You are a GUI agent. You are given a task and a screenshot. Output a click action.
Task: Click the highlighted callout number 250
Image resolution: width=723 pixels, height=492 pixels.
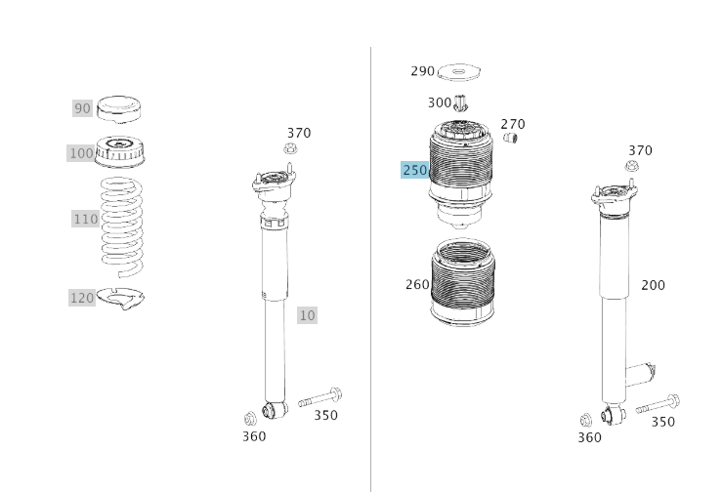click(414, 171)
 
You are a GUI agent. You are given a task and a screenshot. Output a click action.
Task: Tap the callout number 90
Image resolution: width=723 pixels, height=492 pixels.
click(82, 108)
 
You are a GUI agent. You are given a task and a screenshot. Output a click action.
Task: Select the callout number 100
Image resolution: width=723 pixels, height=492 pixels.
click(81, 153)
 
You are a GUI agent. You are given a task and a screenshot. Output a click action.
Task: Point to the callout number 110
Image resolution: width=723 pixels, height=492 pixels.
click(85, 219)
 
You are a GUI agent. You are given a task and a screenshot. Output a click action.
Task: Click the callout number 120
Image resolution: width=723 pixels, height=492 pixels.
click(82, 298)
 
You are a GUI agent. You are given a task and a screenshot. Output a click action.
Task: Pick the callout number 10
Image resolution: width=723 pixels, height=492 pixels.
click(307, 315)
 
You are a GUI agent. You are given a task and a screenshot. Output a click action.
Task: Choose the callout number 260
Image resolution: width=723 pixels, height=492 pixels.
click(417, 285)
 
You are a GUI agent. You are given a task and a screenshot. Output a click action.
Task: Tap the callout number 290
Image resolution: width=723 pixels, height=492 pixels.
click(422, 71)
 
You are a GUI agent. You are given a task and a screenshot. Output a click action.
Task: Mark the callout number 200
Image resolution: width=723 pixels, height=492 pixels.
click(653, 285)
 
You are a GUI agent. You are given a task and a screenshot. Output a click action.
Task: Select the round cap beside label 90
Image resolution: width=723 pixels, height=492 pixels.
click(118, 108)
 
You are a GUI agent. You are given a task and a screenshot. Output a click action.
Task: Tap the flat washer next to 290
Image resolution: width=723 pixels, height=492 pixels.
click(458, 71)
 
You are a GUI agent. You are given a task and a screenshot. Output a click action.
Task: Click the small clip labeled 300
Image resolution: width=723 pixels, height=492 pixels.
click(461, 102)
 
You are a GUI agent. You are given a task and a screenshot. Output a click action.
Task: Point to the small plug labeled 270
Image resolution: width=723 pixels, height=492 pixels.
click(510, 138)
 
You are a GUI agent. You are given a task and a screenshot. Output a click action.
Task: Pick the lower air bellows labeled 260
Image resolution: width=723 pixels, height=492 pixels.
click(462, 283)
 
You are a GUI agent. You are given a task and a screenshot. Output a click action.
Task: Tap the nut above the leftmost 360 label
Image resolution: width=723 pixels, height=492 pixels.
click(250, 419)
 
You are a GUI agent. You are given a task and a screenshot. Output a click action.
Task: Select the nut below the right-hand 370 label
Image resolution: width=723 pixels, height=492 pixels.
click(631, 166)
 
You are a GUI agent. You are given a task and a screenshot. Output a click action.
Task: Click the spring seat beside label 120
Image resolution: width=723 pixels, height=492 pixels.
click(121, 298)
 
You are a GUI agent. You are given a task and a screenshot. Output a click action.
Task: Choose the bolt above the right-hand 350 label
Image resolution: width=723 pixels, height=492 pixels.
click(658, 405)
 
